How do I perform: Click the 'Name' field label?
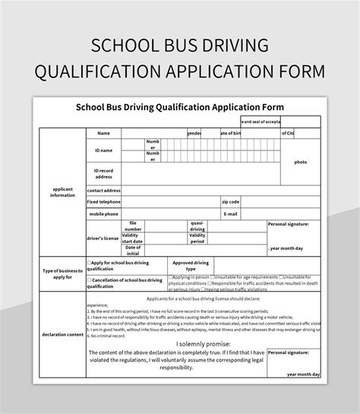(x=103, y=133)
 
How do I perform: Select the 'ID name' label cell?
(x=103, y=150)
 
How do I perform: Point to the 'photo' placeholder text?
(x=301, y=162)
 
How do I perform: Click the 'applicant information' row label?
(x=63, y=192)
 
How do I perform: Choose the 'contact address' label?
(x=104, y=190)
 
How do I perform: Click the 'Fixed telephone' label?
(x=103, y=202)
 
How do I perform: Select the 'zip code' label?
(x=230, y=202)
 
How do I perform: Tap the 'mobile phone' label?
(x=103, y=214)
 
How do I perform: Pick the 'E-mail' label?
(x=230, y=214)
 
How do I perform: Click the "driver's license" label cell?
(x=103, y=239)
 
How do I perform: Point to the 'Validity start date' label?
(x=133, y=238)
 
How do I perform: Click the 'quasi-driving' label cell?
(x=197, y=226)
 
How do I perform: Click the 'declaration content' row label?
(x=63, y=334)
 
